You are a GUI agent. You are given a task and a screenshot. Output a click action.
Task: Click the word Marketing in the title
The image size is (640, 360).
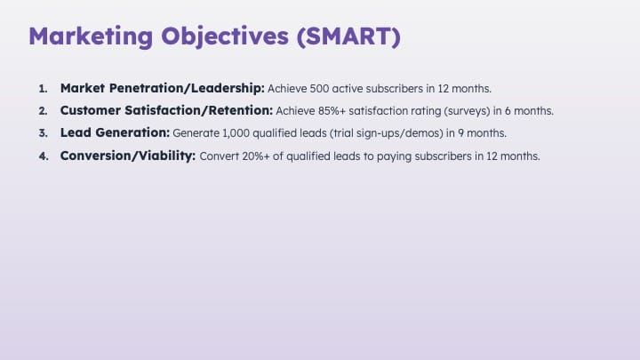tap(91, 36)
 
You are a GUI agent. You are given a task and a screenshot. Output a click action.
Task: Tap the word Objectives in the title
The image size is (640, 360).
tap(225, 37)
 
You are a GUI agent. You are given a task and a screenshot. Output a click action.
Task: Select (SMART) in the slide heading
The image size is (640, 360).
tap(348, 36)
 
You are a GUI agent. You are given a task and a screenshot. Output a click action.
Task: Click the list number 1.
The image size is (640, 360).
tap(44, 89)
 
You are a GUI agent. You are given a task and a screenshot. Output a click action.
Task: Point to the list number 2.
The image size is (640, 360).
tap(44, 111)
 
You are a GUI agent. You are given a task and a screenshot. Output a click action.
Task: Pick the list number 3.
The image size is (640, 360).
tap(44, 133)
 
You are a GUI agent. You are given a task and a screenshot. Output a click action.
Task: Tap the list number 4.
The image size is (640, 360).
tap(44, 156)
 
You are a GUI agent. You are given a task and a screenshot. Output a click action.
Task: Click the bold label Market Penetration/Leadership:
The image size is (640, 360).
tap(163, 88)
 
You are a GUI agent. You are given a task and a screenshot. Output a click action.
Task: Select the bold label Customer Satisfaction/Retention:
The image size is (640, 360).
tap(166, 110)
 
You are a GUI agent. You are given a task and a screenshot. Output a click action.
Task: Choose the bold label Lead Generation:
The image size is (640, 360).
tap(115, 132)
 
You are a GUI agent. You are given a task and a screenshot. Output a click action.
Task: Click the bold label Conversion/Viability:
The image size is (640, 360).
tap(128, 156)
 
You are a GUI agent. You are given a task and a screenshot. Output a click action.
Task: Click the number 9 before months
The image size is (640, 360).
tap(460, 133)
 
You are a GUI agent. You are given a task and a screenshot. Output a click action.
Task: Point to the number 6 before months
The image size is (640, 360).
tap(508, 111)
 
